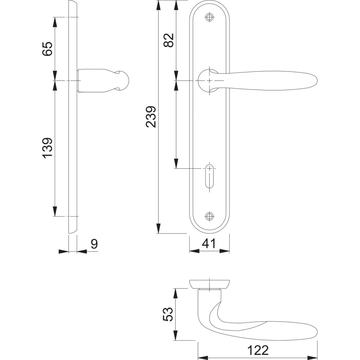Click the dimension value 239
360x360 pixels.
[151, 117]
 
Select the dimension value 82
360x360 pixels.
[169, 40]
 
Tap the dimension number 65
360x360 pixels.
[47, 49]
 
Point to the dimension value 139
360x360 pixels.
[47, 148]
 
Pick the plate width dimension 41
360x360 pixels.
[209, 244]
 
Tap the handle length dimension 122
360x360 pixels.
[258, 351]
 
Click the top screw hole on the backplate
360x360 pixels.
[209, 18]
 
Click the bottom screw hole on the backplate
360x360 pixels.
[209, 216]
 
